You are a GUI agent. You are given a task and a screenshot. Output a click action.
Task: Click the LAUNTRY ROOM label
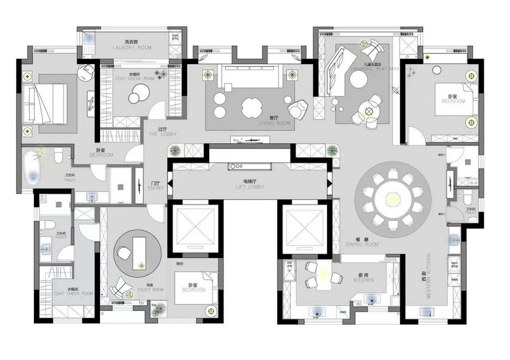[x=132, y=48]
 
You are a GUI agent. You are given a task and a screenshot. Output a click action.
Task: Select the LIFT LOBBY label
[x=252, y=187]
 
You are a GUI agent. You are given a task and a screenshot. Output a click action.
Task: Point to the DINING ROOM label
[x=362, y=244]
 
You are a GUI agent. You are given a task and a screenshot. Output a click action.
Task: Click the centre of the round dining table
[x=392, y=197]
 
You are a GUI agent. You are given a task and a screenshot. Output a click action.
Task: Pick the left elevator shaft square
[x=195, y=228]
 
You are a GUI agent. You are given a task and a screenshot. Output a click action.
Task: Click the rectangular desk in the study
[x=138, y=250]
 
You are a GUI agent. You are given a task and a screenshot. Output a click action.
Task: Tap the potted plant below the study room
[x=158, y=310]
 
